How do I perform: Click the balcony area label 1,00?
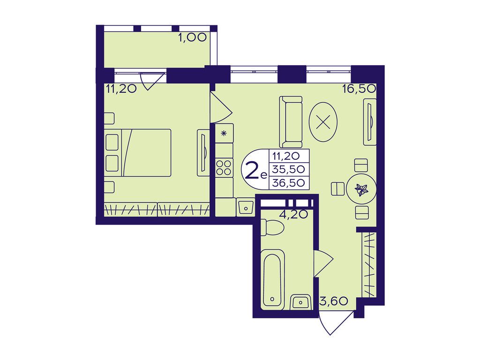click(192, 37)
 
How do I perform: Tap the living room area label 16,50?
click(359, 89)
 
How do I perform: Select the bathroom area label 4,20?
click(293, 214)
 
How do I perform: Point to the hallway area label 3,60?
click(334, 301)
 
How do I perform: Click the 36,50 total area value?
click(289, 183)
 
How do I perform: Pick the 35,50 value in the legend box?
click(289, 169)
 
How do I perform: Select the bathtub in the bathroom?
click(272, 277)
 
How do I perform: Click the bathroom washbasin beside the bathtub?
click(300, 302)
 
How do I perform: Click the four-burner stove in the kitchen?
click(224, 168)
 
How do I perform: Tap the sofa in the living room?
click(291, 122)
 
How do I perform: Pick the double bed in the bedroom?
click(138, 153)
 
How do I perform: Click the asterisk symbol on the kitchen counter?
click(224, 133)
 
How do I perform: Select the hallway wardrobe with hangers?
click(369, 264)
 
